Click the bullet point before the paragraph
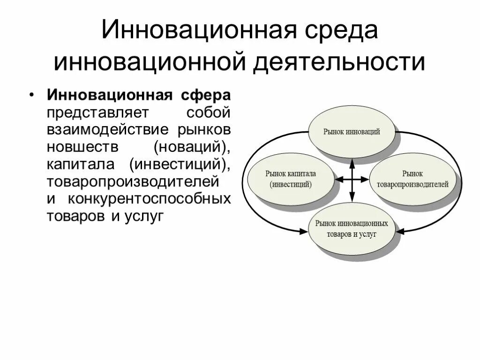pos(31,95)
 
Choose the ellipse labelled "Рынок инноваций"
pos(352,132)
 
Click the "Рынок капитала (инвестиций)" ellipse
pos(291,179)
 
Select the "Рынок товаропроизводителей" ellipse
pos(412,179)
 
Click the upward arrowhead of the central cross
pos(352,160)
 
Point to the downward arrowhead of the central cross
pos(352,199)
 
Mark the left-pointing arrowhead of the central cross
pos(337,179)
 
